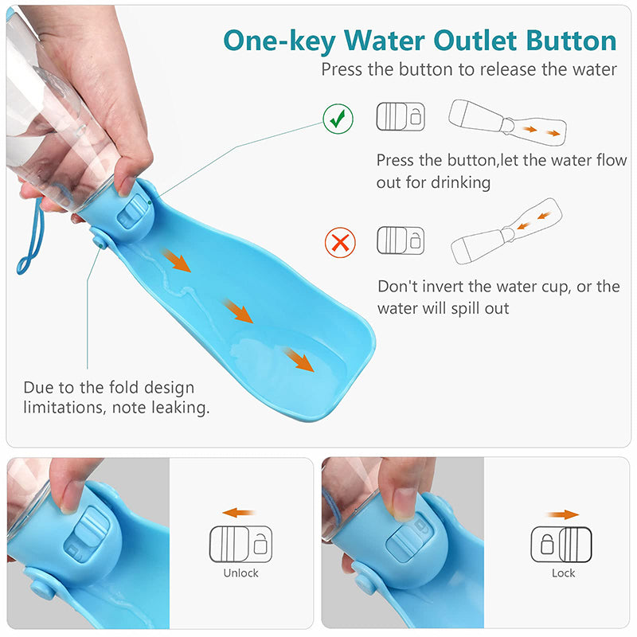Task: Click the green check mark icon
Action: [x=338, y=119]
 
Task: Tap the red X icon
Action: [x=340, y=243]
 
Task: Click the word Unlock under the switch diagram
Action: [x=241, y=573]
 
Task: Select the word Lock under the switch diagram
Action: [x=563, y=573]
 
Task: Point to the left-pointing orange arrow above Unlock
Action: [x=238, y=513]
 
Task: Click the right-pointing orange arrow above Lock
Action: [x=563, y=514]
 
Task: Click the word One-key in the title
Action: [x=279, y=42]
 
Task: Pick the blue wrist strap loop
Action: [x=30, y=236]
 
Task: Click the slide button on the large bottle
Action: [x=132, y=210]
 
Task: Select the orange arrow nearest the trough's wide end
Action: [x=299, y=359]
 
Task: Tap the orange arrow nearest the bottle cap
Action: [x=176, y=260]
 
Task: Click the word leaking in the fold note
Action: [x=181, y=408]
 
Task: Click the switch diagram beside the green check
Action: [x=401, y=116]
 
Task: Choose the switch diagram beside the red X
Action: [x=401, y=240]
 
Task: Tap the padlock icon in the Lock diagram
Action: [x=547, y=544]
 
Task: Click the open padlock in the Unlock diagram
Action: [x=260, y=544]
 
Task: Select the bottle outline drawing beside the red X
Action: [x=506, y=231]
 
